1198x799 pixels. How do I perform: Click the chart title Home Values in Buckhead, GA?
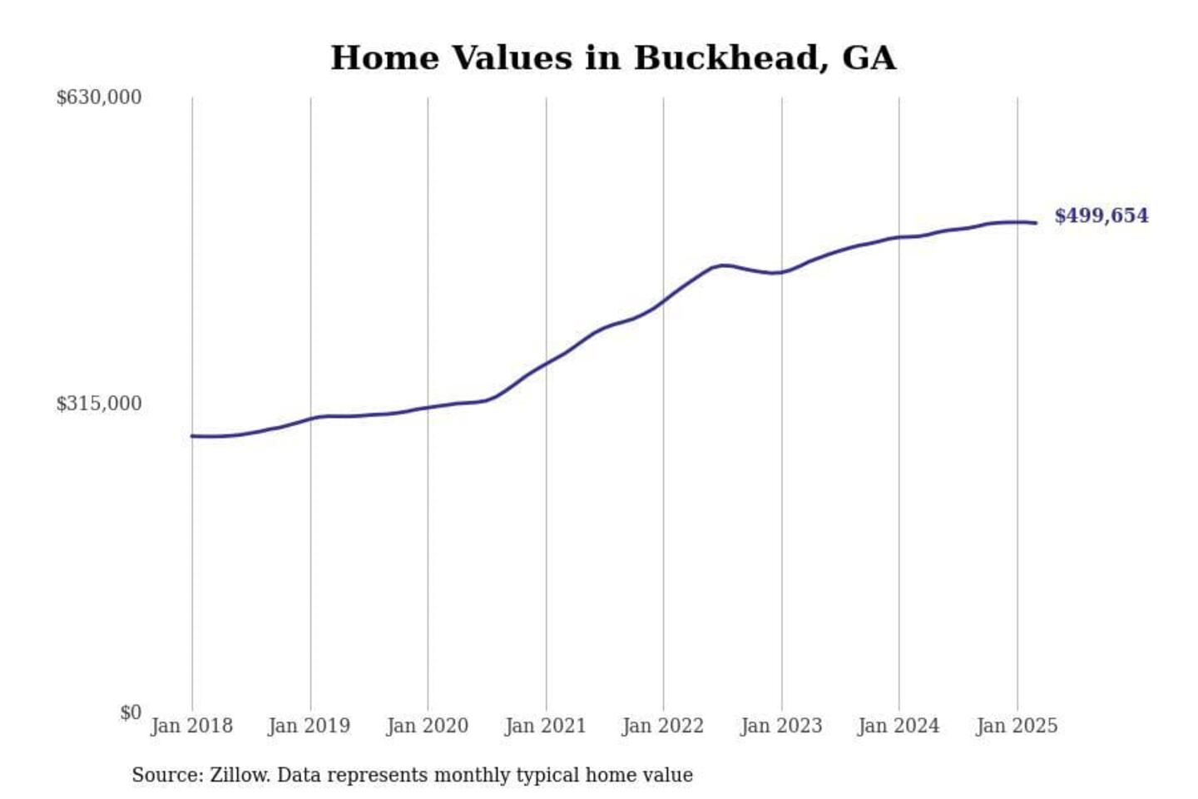pos(613,58)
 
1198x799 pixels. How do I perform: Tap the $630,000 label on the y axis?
pos(98,97)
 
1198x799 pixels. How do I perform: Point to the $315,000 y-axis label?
pos(98,404)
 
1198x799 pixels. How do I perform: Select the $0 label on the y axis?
pos(131,712)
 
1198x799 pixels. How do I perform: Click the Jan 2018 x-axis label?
pos(191,726)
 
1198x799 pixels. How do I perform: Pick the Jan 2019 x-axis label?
pos(309,726)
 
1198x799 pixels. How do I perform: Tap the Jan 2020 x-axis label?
pos(428,726)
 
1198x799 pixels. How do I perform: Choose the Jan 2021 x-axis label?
pos(546,726)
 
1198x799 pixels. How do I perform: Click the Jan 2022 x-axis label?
pos(663,726)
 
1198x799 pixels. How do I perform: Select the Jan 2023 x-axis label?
pos(781,726)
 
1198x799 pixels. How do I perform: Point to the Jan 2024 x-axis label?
pos(898,726)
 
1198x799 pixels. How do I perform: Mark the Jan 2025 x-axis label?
pos(1017,726)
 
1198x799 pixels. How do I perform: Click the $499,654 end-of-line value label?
pos(1101,216)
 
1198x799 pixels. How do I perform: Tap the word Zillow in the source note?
pos(240,775)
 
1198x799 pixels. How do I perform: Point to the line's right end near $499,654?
pos(1035,223)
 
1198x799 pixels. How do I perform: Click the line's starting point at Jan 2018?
pos(192,436)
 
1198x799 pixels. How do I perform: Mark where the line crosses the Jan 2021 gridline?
pos(547,363)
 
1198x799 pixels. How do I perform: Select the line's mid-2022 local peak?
pos(725,265)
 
